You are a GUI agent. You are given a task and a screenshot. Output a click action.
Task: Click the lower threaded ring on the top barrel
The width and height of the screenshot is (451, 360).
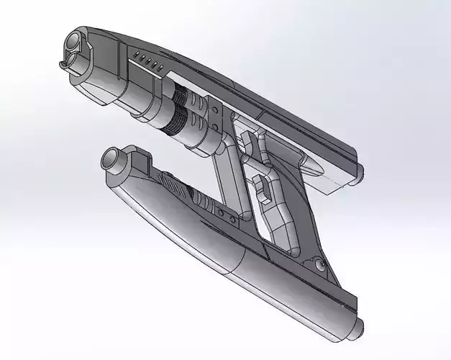point(171,121)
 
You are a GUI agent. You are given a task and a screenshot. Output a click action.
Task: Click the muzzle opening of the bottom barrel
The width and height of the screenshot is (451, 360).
point(114,160)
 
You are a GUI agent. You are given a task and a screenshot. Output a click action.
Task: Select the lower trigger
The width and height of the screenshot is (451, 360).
point(262,189)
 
